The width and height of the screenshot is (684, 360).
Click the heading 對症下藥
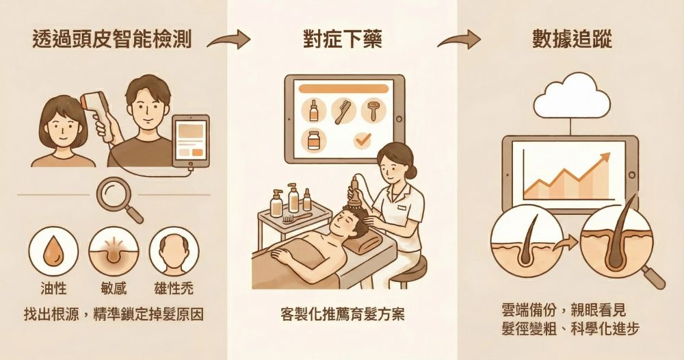tap(343, 40)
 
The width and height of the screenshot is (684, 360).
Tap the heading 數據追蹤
tap(572, 39)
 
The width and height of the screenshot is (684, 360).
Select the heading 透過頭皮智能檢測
tap(112, 39)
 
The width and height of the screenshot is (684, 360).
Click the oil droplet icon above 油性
tap(53, 251)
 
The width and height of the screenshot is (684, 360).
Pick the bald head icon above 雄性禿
tap(174, 251)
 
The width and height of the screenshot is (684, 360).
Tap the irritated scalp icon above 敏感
tap(114, 251)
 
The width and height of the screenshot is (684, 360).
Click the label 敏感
tap(114, 288)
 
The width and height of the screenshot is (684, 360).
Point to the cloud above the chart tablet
tap(570, 96)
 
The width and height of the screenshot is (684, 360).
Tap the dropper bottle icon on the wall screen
tap(314, 110)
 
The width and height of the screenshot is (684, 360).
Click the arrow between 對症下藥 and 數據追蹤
tap(459, 40)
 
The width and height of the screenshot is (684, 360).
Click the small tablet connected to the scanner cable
tap(191, 141)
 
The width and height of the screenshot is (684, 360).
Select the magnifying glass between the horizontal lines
tap(119, 199)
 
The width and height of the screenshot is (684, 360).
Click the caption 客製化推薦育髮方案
tap(343, 314)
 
